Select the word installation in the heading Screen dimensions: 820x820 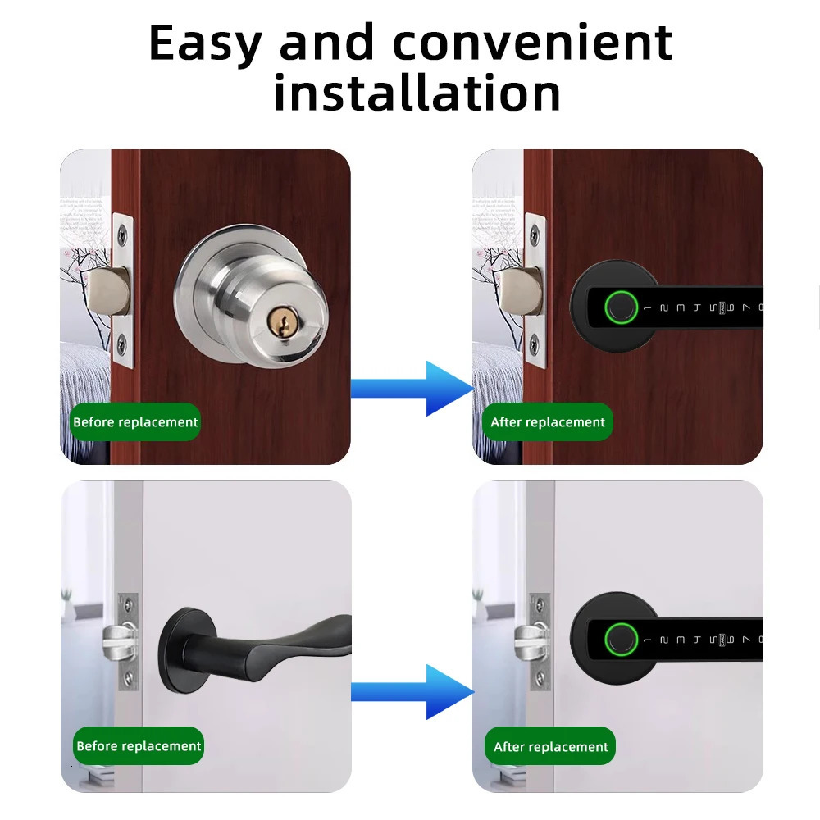pyautogui.click(x=417, y=93)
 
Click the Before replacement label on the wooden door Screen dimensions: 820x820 pyautogui.click(x=135, y=422)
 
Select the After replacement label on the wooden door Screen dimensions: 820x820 pyautogui.click(x=548, y=422)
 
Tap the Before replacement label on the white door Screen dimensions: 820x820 pyautogui.click(x=139, y=746)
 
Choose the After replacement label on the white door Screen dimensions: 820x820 pyautogui.click(x=551, y=747)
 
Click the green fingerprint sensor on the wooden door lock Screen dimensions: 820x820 pyautogui.click(x=619, y=307)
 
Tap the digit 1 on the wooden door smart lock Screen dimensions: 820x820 pyautogui.click(x=646, y=308)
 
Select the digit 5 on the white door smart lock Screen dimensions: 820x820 pyautogui.click(x=713, y=639)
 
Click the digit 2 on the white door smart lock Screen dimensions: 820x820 pyautogui.click(x=663, y=639)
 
